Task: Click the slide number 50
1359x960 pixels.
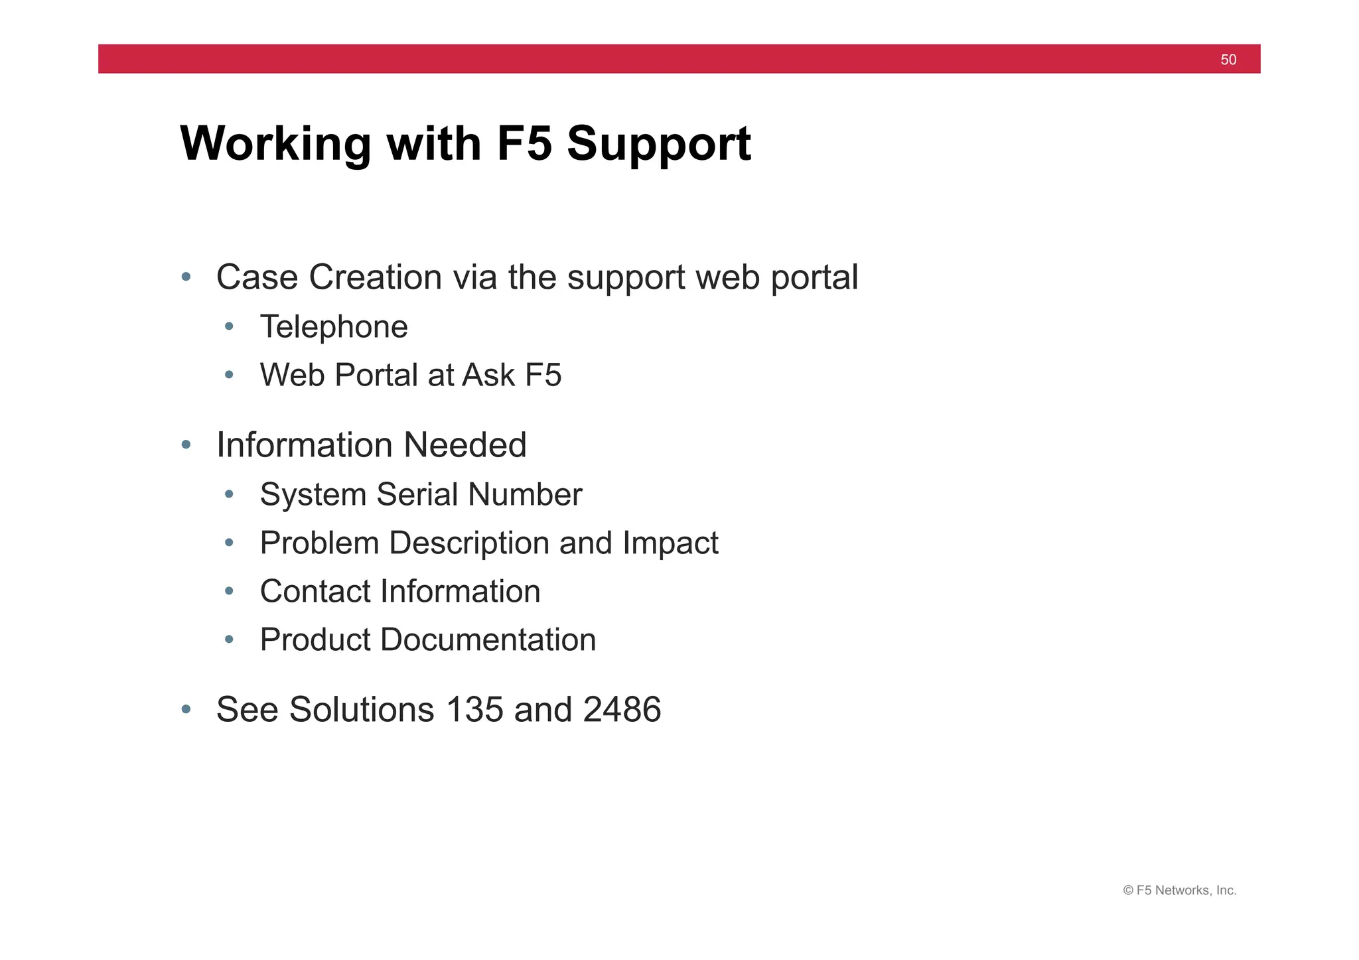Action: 1228,60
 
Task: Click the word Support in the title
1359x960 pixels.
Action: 658,144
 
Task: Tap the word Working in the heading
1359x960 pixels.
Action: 275,144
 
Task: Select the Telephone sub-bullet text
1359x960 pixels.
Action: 334,326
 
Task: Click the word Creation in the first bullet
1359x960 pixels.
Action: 375,277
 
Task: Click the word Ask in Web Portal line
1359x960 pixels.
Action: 488,375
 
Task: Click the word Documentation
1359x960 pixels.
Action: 488,640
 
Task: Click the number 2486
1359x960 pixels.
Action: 622,709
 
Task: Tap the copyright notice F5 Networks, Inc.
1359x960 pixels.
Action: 1179,890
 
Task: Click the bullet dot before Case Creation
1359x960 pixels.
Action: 186,277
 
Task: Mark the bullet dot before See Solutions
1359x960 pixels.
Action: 186,709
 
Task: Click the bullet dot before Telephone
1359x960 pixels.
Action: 230,326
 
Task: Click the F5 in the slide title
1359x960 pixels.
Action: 524,144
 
